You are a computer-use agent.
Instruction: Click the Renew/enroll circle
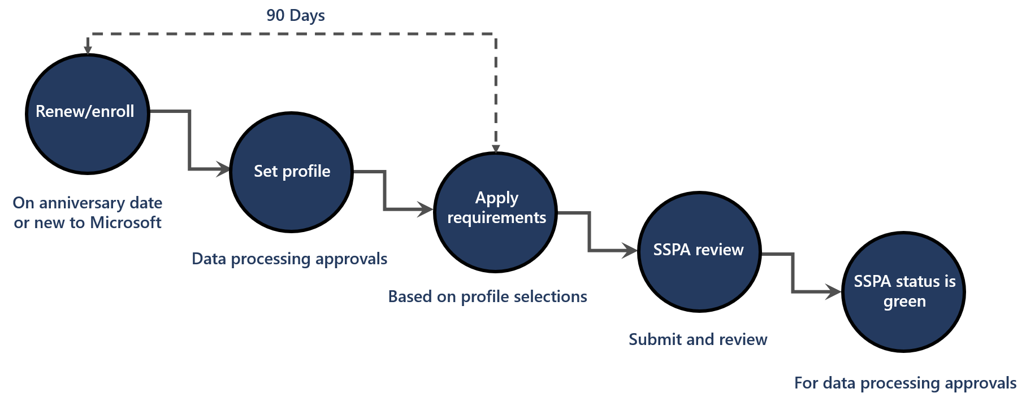coord(88,114)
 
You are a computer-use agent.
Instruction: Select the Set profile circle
coord(292,172)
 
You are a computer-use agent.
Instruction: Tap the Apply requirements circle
coord(496,212)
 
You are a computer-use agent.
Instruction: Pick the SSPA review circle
coord(699,252)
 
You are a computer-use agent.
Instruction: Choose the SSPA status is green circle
coord(903,292)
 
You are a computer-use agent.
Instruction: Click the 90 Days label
coord(296,15)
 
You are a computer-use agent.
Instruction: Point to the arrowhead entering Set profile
coord(224,169)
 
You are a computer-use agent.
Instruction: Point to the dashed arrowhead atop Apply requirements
coord(496,148)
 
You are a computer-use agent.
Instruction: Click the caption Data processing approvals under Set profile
coord(289,259)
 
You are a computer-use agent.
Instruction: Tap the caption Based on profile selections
coord(487,296)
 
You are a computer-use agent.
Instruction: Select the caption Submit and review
coord(698,339)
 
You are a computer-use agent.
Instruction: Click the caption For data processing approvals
coord(905,383)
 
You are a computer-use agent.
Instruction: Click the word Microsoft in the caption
coord(125,222)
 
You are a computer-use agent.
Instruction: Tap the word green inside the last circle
coord(904,302)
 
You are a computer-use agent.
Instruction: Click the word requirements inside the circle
coord(496,218)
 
